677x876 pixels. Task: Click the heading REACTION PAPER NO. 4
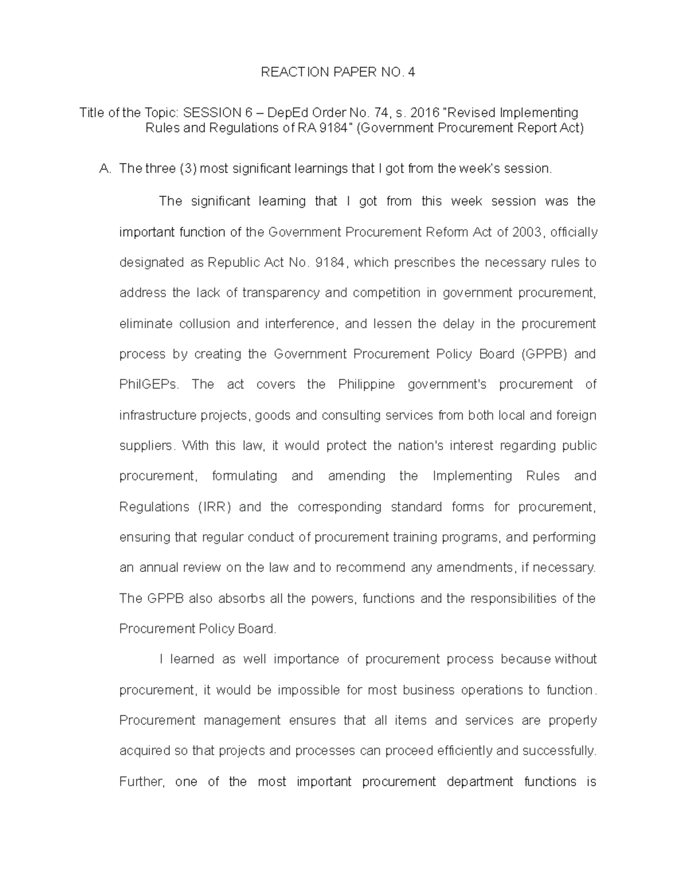click(x=337, y=72)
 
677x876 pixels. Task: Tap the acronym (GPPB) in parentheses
click(x=546, y=354)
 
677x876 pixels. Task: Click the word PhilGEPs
click(x=148, y=385)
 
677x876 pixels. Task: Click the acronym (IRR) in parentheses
click(x=214, y=507)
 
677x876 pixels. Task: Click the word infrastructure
click(x=157, y=415)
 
